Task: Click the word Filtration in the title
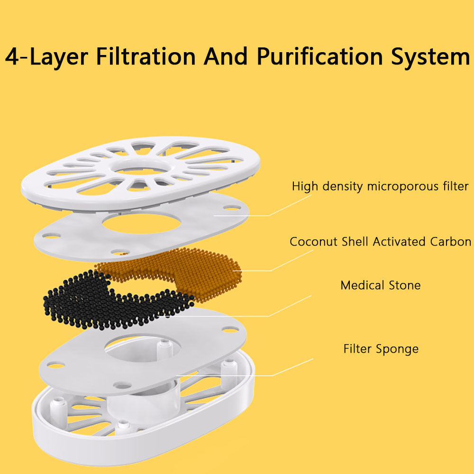(146, 57)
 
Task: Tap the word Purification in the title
(320, 57)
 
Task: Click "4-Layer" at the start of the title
(46, 57)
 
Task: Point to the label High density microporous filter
(380, 186)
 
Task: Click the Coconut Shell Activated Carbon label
(380, 242)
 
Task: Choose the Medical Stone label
(380, 285)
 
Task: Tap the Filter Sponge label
(381, 349)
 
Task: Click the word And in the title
(226, 57)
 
